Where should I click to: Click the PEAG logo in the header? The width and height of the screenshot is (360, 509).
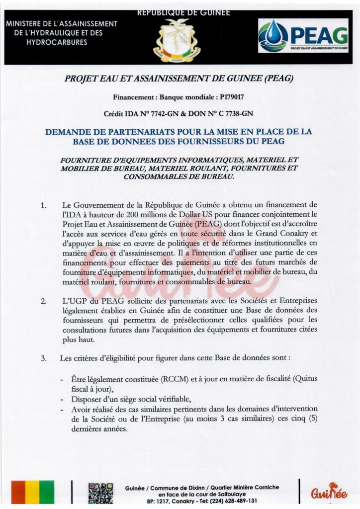303,35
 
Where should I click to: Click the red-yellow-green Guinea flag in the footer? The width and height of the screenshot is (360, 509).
33,492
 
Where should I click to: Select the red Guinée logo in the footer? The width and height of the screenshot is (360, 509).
329,492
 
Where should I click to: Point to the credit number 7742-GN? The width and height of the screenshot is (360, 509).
164,114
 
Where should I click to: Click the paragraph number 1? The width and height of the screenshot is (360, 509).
44,205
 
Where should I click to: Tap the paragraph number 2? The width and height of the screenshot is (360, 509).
44,301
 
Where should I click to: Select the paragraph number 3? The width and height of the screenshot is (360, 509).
44,358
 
